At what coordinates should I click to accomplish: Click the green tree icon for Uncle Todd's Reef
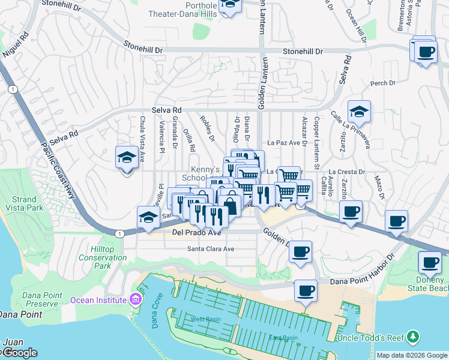click(412, 337)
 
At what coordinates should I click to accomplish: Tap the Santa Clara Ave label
click(211, 248)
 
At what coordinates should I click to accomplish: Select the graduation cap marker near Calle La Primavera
click(359, 112)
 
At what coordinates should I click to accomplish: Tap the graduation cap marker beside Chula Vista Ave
click(127, 158)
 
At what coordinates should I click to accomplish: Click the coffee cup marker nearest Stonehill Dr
click(426, 51)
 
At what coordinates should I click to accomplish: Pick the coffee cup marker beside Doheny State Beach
click(430, 263)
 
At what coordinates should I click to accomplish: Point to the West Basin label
click(202, 319)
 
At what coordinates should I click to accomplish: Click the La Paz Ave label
click(283, 143)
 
